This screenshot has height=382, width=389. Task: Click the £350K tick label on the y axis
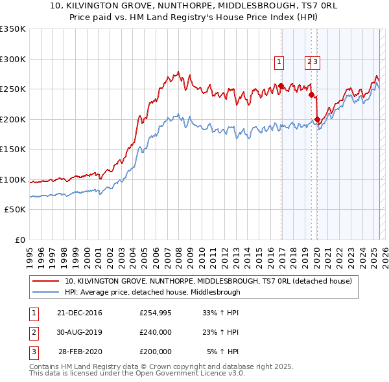[x=13, y=29]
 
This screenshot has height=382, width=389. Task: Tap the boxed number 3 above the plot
[x=316, y=62]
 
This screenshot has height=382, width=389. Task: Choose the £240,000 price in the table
[x=156, y=332]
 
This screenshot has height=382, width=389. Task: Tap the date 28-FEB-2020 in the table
[x=80, y=352]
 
